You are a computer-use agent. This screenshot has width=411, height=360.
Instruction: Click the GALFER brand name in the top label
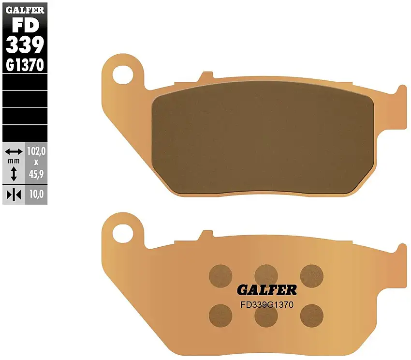pos(25,9)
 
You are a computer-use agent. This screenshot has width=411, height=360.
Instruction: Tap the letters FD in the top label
pos(25,25)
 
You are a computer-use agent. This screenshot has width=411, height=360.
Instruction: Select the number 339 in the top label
pos(25,45)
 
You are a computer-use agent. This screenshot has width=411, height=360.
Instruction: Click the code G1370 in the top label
pos(25,65)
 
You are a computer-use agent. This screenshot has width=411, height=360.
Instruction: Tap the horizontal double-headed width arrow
pos(14,152)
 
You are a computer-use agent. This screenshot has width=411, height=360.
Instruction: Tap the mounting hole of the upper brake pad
pos(123,74)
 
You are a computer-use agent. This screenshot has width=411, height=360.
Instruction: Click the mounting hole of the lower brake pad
pos(123,233)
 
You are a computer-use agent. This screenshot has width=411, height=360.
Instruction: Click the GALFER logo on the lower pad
pos(267,290)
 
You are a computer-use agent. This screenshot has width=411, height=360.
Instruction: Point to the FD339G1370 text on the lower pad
pos(267,305)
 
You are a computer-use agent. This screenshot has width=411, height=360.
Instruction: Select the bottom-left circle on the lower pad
pos(220,315)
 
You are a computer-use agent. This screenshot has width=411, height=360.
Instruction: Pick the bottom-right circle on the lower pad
pos(311,315)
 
